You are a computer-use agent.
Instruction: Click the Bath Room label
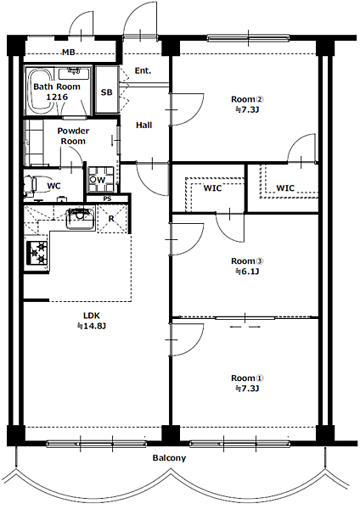[57, 87]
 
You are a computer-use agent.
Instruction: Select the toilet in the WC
[34, 186]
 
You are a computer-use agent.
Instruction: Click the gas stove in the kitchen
[37, 253]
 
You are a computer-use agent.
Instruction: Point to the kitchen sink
[80, 218]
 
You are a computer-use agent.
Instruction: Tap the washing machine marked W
[101, 180]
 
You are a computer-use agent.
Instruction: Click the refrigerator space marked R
[112, 219]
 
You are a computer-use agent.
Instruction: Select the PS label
[107, 199]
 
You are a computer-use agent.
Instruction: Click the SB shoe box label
[107, 92]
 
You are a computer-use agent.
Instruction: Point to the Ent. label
[143, 70]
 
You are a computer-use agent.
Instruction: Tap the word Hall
[144, 125]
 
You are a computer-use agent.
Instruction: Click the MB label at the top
[69, 52]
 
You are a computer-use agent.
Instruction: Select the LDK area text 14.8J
[92, 326]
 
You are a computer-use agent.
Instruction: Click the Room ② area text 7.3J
[247, 109]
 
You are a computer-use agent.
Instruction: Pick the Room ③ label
[247, 261]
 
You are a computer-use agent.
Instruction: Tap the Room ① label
[247, 378]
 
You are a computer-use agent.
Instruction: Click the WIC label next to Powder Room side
[212, 188]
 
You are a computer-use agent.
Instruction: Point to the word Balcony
[169, 458]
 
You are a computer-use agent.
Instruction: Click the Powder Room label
[73, 136]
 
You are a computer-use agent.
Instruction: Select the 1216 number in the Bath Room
[57, 97]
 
